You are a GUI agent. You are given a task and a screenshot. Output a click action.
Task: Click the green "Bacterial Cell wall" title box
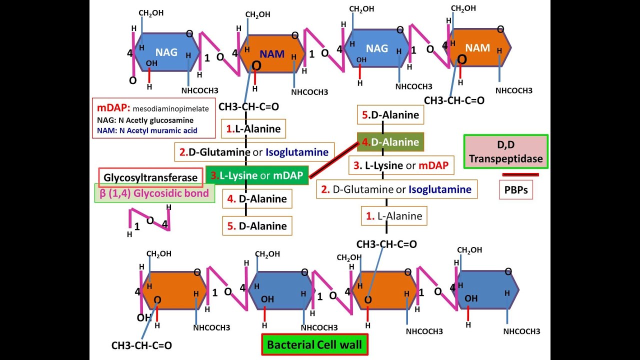pos(314,344)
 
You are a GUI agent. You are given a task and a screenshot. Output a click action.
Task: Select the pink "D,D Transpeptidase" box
pos(506,151)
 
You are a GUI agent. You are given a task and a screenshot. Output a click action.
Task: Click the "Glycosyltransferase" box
pos(150,177)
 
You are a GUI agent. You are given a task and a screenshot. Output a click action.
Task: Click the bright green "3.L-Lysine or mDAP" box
pos(257,175)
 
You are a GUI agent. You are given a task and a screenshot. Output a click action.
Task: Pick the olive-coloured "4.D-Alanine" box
pos(390,142)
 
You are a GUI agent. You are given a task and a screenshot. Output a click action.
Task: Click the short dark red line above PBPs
pos(520,174)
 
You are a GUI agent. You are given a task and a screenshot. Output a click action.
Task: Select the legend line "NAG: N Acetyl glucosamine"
pos(145,120)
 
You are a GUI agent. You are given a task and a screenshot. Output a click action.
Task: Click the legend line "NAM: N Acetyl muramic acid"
pos(147,131)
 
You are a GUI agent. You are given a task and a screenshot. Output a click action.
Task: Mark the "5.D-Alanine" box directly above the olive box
pos(390,115)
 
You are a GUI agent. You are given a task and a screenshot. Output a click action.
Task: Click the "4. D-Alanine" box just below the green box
pos(257,199)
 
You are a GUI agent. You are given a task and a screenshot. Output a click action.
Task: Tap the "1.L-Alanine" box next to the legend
pos(253,129)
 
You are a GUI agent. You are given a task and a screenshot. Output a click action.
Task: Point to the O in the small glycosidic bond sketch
pos(150,220)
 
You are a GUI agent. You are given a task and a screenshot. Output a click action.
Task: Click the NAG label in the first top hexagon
pos(166,52)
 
